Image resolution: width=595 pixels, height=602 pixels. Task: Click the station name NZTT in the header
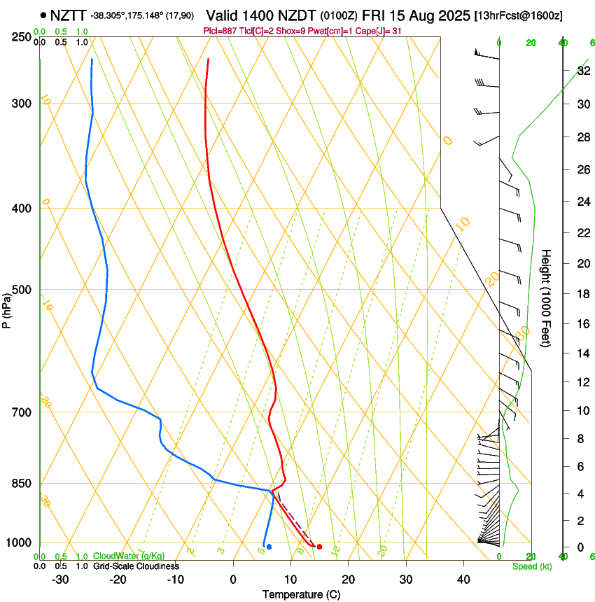(x=69, y=15)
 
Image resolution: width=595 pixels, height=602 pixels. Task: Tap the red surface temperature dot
(x=319, y=546)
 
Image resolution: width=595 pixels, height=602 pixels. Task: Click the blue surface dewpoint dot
(x=269, y=546)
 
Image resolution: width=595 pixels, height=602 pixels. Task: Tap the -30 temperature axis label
(x=60, y=580)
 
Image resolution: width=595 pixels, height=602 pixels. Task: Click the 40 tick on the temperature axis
(x=463, y=580)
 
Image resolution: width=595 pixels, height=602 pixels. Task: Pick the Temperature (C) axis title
(x=301, y=594)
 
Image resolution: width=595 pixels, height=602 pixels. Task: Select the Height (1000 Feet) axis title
(x=547, y=298)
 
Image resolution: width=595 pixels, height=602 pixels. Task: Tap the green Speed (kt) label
(x=532, y=566)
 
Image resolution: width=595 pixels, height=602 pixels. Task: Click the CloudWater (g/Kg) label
(x=129, y=556)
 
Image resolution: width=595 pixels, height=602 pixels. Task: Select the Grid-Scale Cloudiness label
(x=135, y=566)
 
